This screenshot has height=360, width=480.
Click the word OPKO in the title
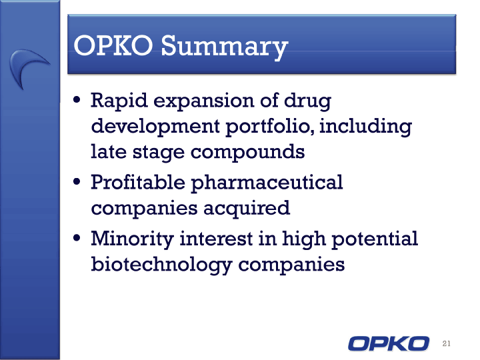pos(113,45)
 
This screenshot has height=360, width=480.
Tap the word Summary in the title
pos(225,47)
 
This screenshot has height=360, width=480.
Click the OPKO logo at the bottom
pos(389,343)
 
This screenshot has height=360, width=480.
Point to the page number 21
pos(446,343)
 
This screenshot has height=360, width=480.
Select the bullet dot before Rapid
pos(77,100)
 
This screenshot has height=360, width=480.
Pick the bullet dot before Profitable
pos(77,182)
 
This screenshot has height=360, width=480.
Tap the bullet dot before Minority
pos(77,238)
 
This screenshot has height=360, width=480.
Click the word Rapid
pos(119,101)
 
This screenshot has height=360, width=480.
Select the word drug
pos(307,101)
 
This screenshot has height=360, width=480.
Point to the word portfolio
pos(270,127)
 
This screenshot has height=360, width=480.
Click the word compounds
pos(247,152)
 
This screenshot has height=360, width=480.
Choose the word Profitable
pos(138,183)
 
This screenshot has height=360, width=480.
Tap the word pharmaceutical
pos(267,183)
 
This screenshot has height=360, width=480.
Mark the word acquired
pos(247,209)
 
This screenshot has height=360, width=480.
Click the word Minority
pos(133,239)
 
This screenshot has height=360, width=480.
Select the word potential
pos(375,239)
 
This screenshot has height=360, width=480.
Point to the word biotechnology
pos(161,265)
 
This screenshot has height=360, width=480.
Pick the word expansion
pos(203,101)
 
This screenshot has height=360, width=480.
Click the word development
pos(155,127)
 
